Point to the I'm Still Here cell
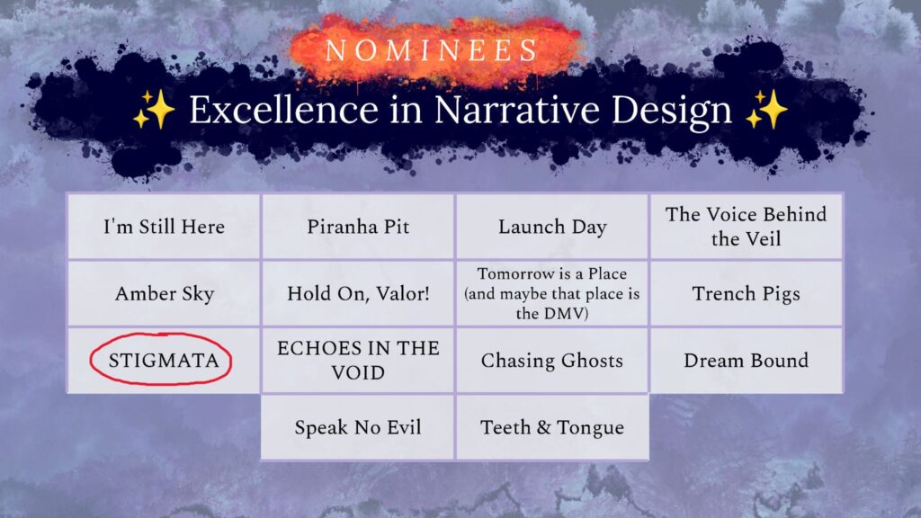click(165, 226)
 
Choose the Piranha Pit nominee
click(358, 226)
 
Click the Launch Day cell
click(552, 226)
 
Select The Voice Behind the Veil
click(746, 226)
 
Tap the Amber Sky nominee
click(165, 293)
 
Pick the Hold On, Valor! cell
click(358, 293)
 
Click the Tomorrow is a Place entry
click(552, 293)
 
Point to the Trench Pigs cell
click(746, 293)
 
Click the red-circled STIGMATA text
click(163, 361)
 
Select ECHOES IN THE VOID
click(358, 360)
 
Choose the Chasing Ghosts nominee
click(552, 361)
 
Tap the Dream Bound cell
click(746, 361)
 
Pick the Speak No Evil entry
click(358, 427)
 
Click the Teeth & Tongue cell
click(552, 427)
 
